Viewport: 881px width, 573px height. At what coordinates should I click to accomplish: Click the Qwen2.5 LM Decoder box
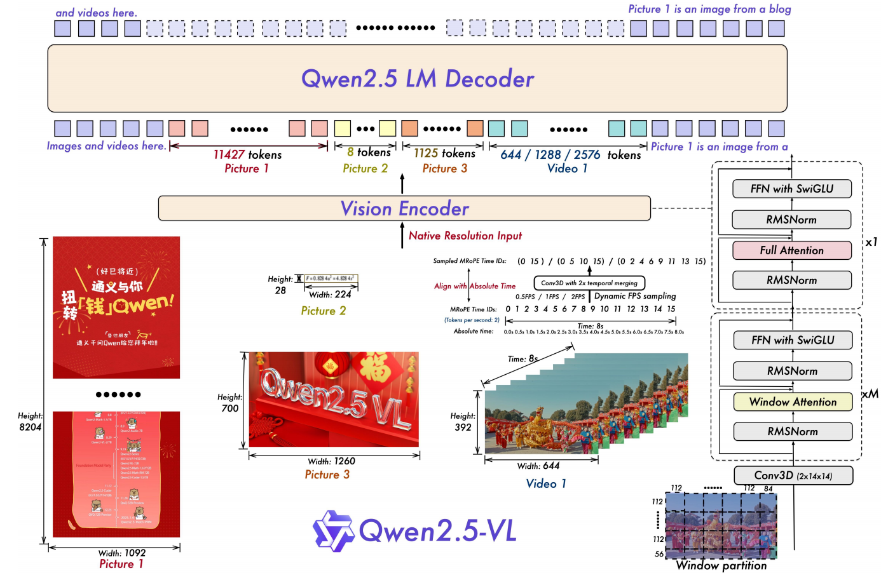[417, 79]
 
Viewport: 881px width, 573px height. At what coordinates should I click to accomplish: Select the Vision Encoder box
[404, 208]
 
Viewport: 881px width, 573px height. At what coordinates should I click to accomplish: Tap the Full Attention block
[791, 250]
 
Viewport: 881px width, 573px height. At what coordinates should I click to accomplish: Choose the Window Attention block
[793, 401]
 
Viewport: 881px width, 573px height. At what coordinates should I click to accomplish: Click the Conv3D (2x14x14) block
[793, 476]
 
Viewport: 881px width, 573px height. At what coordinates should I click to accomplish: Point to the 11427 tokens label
[247, 154]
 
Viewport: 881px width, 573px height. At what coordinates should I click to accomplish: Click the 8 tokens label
[369, 152]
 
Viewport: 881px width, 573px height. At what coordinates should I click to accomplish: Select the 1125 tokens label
[444, 153]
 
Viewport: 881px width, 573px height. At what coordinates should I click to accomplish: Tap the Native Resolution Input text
[465, 236]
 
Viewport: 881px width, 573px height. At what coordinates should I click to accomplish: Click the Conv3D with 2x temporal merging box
[589, 283]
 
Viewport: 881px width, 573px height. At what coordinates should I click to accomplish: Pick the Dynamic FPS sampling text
[635, 296]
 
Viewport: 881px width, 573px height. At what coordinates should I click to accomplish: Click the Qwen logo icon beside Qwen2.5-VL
[333, 530]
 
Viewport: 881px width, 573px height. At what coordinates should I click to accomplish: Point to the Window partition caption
[721, 565]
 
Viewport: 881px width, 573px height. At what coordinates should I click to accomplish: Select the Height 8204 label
[30, 421]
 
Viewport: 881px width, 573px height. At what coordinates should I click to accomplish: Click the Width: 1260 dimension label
[331, 461]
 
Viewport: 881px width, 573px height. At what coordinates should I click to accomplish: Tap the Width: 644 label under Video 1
[538, 466]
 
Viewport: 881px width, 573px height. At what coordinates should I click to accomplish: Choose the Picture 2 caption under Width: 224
[324, 311]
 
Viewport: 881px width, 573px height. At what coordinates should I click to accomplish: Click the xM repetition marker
[870, 394]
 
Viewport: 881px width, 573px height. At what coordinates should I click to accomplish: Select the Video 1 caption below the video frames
[546, 483]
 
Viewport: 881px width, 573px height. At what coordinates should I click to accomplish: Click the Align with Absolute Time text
[475, 286]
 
